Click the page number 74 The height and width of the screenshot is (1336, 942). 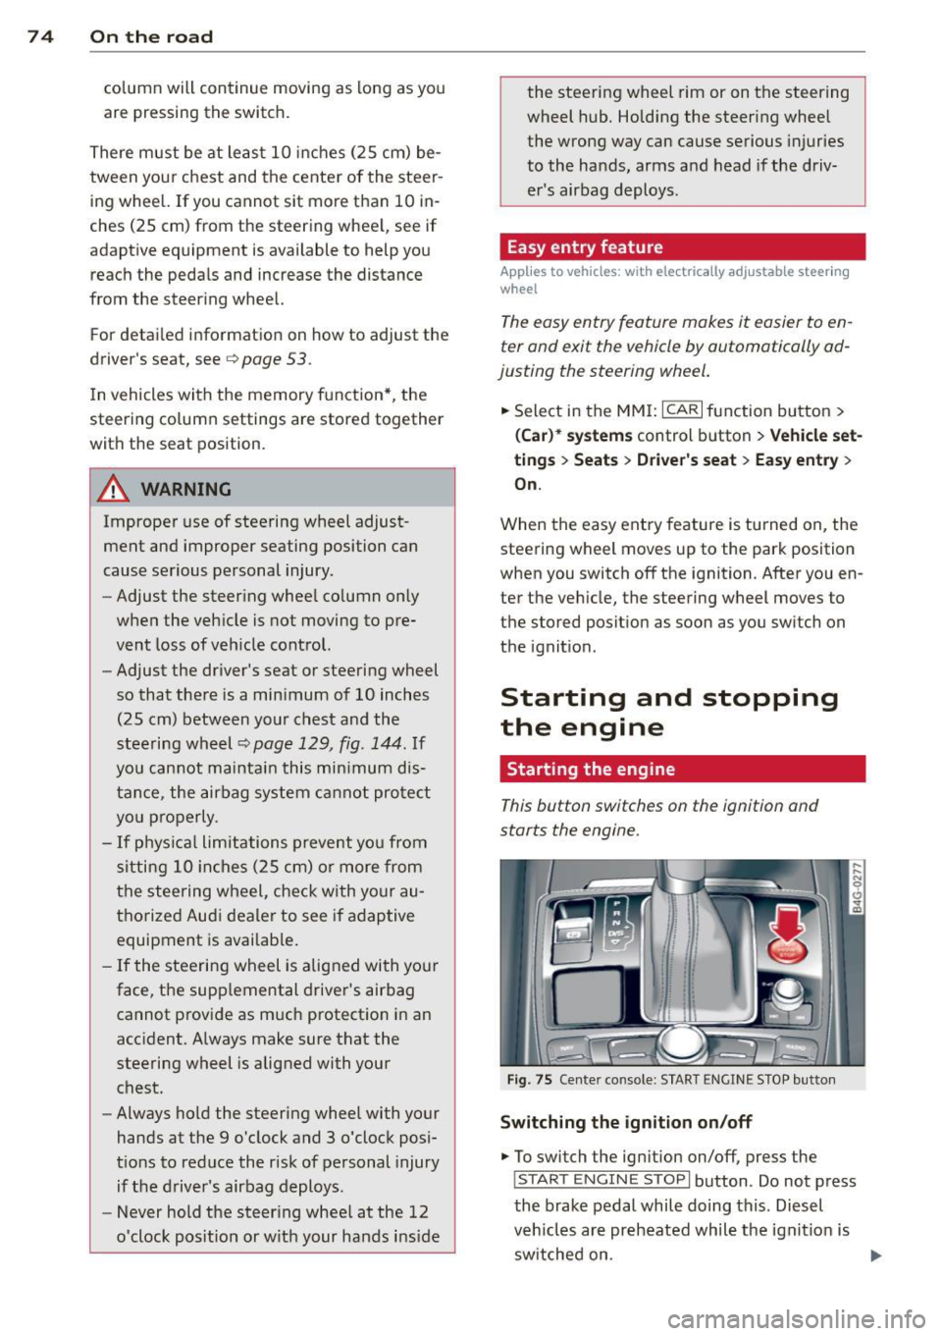click(x=39, y=36)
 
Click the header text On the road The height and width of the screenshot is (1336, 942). click(x=151, y=36)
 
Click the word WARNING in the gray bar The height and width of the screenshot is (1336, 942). click(x=185, y=489)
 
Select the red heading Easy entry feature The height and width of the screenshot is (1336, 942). click(x=585, y=247)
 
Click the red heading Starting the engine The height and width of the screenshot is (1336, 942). click(x=591, y=770)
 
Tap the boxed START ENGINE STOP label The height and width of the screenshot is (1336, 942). click(x=602, y=1180)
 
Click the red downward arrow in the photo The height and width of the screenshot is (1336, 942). click(x=787, y=921)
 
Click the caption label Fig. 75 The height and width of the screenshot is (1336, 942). click(x=530, y=1080)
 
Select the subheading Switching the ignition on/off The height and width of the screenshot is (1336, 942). click(x=626, y=1122)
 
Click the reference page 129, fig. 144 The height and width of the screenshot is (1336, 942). click(x=328, y=744)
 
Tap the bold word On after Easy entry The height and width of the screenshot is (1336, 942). click(x=526, y=484)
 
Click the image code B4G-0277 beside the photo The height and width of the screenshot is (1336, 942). click(x=856, y=887)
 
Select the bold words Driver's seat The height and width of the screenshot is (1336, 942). click(x=686, y=459)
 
